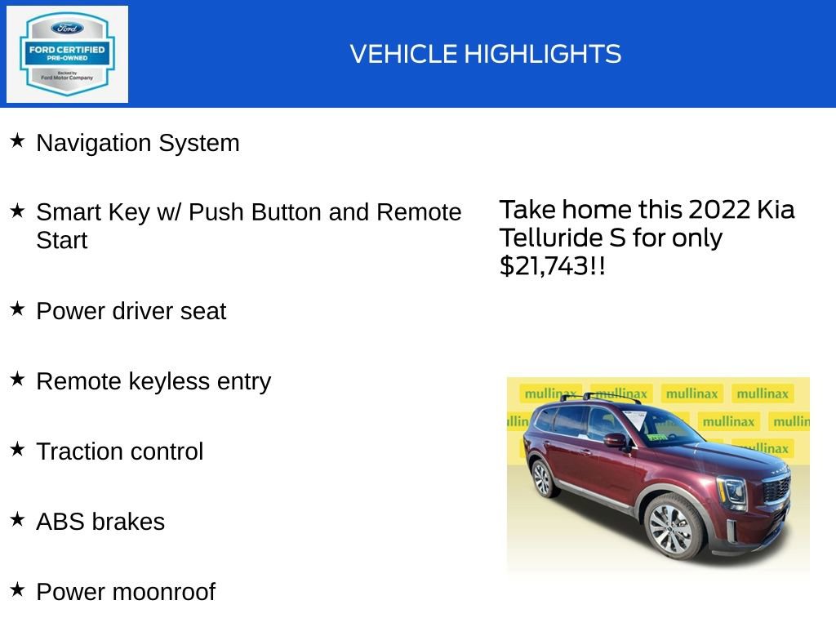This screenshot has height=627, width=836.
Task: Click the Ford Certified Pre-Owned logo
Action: [x=67, y=54]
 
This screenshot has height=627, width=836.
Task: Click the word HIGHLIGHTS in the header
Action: [x=543, y=55]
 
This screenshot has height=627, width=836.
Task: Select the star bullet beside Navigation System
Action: [x=17, y=141]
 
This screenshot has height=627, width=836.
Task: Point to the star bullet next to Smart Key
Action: [x=17, y=211]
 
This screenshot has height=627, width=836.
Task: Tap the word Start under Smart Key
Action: [x=61, y=241]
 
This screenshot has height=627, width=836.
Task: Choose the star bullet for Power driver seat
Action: [x=17, y=309]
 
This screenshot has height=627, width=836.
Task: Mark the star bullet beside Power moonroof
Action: [x=17, y=590]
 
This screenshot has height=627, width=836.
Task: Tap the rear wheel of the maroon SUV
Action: [x=543, y=478]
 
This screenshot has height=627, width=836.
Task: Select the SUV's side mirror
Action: [x=615, y=441]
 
